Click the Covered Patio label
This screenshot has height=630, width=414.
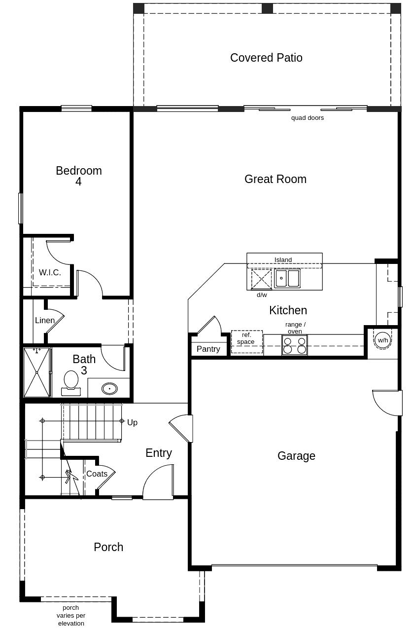[x=266, y=58]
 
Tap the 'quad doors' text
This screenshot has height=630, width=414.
[x=307, y=118]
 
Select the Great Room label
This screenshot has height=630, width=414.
[x=275, y=179]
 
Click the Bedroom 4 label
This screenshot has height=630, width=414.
[x=79, y=176]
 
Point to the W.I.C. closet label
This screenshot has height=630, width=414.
[x=50, y=272]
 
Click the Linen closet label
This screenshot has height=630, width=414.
[x=45, y=321]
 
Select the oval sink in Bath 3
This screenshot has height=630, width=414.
[x=109, y=388]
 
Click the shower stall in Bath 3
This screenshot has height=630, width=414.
[x=37, y=372]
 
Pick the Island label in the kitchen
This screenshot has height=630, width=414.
[x=283, y=259]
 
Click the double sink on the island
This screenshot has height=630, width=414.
[x=287, y=278]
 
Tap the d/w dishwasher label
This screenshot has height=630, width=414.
[x=262, y=295]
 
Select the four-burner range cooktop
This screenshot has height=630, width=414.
[x=295, y=345]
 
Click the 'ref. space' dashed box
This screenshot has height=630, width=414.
[x=246, y=341]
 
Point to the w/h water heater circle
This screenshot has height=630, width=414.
[x=383, y=340]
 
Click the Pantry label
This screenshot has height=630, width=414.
[x=208, y=349]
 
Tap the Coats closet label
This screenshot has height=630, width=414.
[x=97, y=474]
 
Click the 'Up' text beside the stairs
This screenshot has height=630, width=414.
[x=132, y=422]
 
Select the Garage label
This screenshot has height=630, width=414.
[x=296, y=456]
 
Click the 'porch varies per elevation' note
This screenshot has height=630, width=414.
[x=71, y=615]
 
